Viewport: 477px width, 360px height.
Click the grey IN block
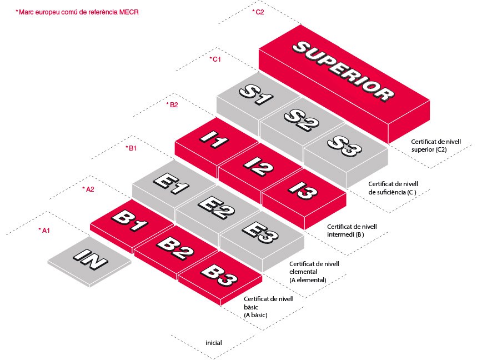coord(91,259)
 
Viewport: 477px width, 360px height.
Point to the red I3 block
coord(303,194)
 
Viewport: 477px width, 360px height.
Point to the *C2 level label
coord(258,11)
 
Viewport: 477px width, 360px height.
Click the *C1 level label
coord(215,59)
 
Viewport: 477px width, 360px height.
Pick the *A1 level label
coord(44,230)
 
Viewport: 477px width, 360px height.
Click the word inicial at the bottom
coord(213,343)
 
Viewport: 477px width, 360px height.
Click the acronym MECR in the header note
coord(128,11)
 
